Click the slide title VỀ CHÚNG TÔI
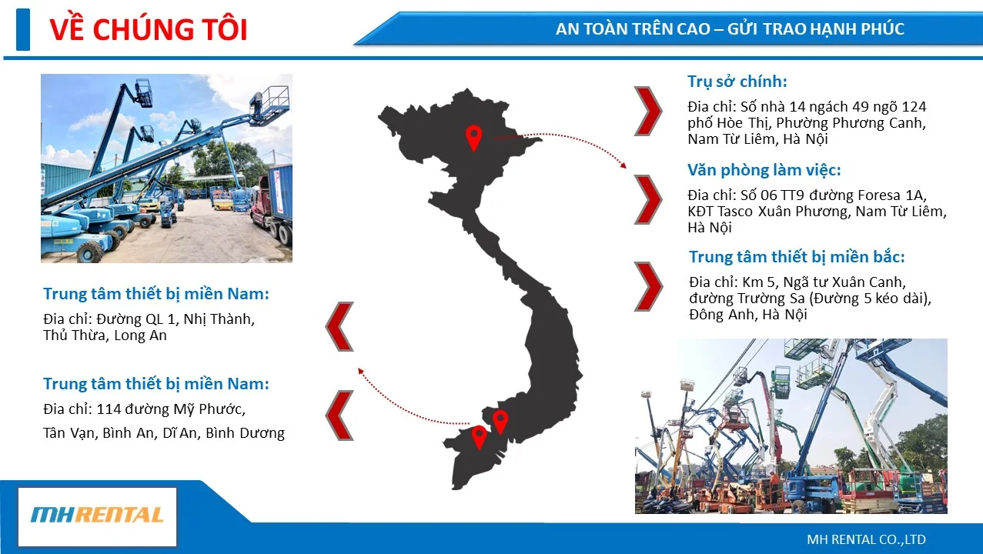click(149, 29)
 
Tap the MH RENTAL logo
click(97, 516)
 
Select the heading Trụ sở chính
click(737, 82)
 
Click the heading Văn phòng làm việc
click(764, 170)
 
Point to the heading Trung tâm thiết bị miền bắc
click(797, 256)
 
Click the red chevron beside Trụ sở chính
click(648, 111)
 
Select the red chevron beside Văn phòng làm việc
click(648, 200)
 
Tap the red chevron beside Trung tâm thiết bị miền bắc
click(648, 287)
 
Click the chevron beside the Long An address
click(339, 326)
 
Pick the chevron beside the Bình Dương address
click(339, 415)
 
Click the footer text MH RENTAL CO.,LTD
click(866, 539)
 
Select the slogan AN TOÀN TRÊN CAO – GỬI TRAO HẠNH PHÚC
click(730, 29)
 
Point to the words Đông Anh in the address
click(722, 315)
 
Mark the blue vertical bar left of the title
click(23, 29)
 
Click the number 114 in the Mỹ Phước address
click(108, 409)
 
